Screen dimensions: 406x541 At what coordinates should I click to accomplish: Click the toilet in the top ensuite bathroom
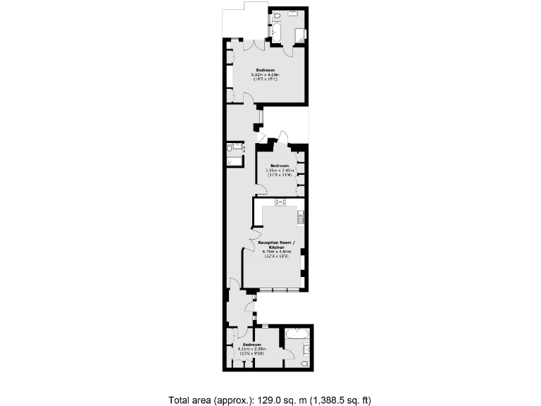pyautogui.click(x=278, y=15)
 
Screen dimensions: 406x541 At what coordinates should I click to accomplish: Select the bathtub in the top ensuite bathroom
pyautogui.click(x=276, y=32)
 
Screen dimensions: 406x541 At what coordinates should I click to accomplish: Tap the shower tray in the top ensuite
pyautogui.click(x=299, y=36)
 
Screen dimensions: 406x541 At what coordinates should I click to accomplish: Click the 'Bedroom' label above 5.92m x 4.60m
pyautogui.click(x=265, y=70)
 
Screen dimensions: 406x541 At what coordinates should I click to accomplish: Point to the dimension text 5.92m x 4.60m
pyautogui.click(x=265, y=75)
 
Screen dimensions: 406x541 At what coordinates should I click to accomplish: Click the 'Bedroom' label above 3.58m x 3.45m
pyautogui.click(x=279, y=166)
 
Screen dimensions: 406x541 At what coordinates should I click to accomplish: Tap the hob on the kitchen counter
pyautogui.click(x=280, y=203)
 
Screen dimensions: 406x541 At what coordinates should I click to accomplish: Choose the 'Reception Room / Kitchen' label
pyautogui.click(x=272, y=245)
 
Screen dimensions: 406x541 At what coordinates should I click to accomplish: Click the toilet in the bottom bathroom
pyautogui.click(x=304, y=363)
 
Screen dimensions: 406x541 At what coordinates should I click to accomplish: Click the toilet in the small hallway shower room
pyautogui.click(x=230, y=147)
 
